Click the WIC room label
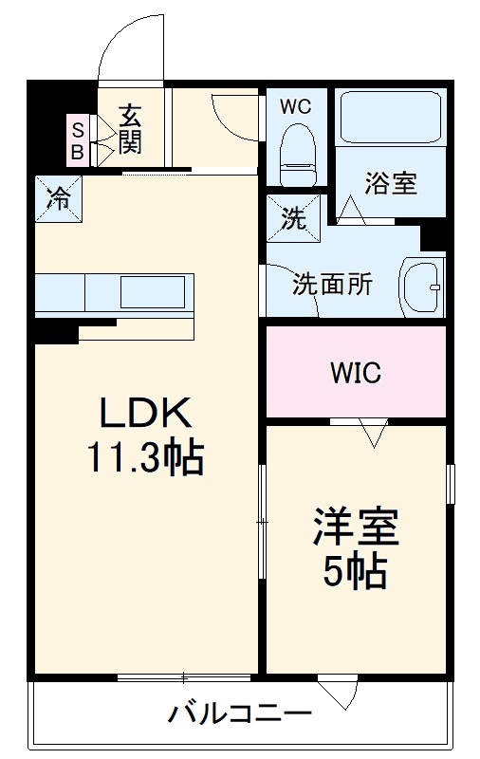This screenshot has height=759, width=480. point(356,373)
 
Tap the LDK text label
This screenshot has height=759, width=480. point(147,414)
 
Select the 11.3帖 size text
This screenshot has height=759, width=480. point(146,458)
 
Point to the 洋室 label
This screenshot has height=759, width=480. point(356,528)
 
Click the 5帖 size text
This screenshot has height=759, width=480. point(356,571)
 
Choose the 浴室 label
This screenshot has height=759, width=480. point(391,183)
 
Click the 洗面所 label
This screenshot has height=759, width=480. point(331,283)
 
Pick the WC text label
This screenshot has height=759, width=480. point(295,107)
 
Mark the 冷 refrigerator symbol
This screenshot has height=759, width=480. point(58,198)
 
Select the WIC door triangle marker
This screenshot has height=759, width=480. point(374,434)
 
